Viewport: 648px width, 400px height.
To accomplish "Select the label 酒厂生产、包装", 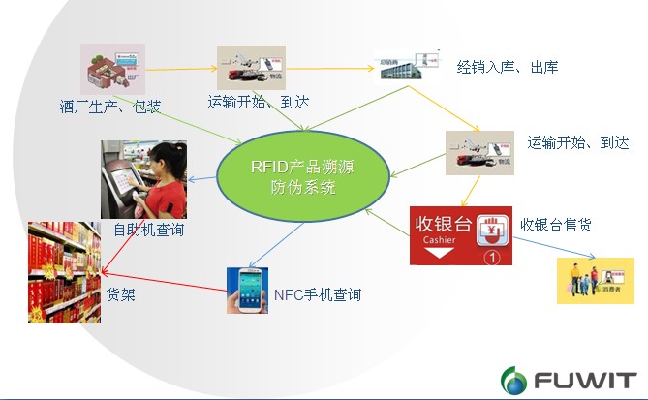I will tap(104, 106).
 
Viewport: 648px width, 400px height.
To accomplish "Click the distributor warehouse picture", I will tap(401, 69).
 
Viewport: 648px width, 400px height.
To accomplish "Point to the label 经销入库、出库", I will tap(508, 67).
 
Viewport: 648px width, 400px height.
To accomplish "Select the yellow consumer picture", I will tap(594, 281).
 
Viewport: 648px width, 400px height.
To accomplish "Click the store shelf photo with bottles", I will tap(63, 272).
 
